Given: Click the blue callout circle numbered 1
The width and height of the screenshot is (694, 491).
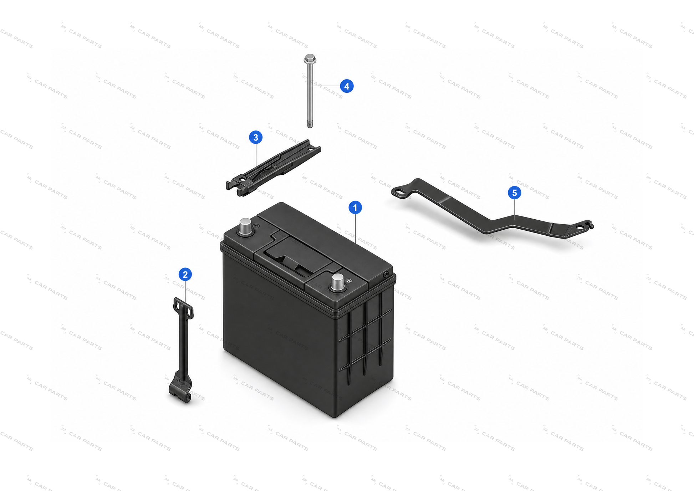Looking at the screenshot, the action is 355,208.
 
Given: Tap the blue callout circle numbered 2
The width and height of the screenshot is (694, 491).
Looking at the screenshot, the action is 185,275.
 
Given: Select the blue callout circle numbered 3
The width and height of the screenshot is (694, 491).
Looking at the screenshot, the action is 255,137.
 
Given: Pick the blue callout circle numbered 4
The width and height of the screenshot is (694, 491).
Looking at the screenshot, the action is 347,86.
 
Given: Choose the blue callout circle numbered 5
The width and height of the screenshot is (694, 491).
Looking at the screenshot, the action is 514,193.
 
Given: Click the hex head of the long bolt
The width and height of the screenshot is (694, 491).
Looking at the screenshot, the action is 310,59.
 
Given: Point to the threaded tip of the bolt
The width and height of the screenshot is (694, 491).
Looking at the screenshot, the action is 310,124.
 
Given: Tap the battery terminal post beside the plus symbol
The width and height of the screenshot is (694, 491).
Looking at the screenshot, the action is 337,282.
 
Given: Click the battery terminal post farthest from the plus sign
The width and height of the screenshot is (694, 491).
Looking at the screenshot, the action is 245,227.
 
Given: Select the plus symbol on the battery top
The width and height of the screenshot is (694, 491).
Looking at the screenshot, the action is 349,281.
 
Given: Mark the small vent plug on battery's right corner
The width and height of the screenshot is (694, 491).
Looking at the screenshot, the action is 386,275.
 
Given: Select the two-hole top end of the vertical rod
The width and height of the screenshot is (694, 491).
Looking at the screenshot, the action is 183,308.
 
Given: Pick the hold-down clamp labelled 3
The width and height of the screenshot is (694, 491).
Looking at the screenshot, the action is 273,168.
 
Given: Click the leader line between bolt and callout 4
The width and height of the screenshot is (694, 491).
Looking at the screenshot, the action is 326,86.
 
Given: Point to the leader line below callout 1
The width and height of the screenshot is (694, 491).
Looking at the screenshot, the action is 355,229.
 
